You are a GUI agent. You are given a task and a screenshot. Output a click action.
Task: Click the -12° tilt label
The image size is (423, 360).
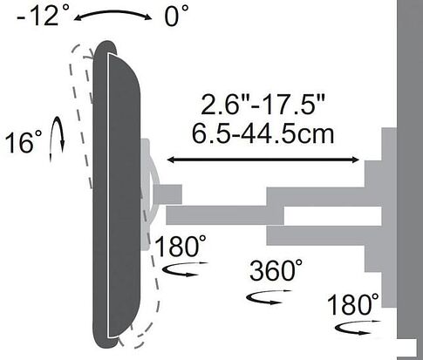(x=43, y=15)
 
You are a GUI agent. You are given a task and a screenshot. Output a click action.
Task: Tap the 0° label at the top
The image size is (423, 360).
(x=176, y=16)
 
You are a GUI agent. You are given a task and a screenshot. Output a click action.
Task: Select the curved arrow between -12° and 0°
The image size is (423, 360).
(x=113, y=13)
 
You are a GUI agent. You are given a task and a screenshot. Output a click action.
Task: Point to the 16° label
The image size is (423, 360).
(x=24, y=142)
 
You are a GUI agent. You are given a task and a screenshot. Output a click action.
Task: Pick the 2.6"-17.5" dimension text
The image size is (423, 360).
(x=263, y=104)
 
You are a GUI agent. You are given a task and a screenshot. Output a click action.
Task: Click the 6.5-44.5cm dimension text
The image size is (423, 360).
(x=263, y=133)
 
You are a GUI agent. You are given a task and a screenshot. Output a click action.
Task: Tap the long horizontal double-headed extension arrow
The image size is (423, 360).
(x=263, y=160)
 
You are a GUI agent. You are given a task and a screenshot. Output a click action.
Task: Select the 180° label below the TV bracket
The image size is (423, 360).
(x=181, y=246)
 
